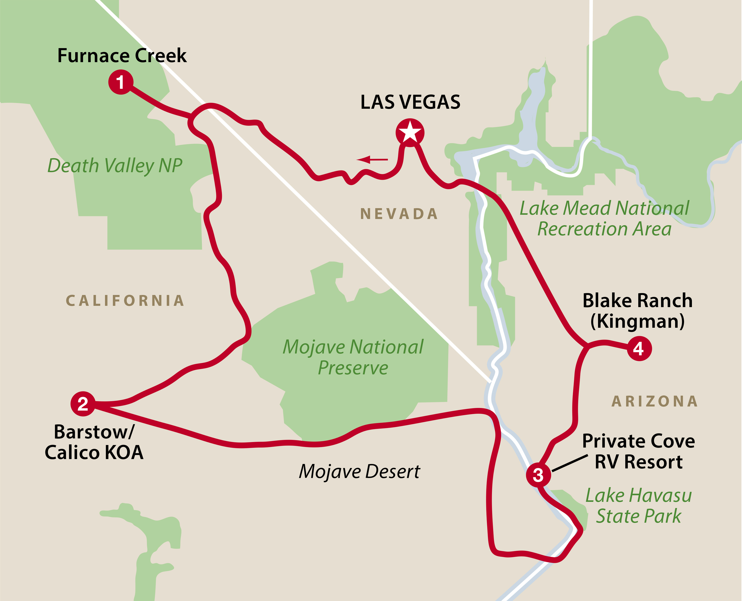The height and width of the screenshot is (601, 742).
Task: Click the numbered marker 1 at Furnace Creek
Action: click(121, 82)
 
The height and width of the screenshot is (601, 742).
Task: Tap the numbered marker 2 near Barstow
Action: click(83, 404)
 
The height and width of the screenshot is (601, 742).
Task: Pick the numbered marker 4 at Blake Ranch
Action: click(639, 349)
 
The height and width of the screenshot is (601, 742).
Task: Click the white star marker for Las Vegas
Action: click(410, 133)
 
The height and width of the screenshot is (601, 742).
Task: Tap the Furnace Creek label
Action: click(122, 55)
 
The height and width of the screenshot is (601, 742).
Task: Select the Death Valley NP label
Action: click(115, 165)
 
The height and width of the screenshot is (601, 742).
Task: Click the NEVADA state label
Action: click(399, 214)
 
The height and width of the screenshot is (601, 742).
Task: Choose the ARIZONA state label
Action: click(654, 401)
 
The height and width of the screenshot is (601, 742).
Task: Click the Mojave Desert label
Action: click(359, 472)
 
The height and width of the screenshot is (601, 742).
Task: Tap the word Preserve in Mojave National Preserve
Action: click(353, 368)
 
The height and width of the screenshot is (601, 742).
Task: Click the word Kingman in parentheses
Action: click(637, 321)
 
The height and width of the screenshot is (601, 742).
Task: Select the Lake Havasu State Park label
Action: click(639, 506)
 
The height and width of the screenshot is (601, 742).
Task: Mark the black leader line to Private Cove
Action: click(569, 463)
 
